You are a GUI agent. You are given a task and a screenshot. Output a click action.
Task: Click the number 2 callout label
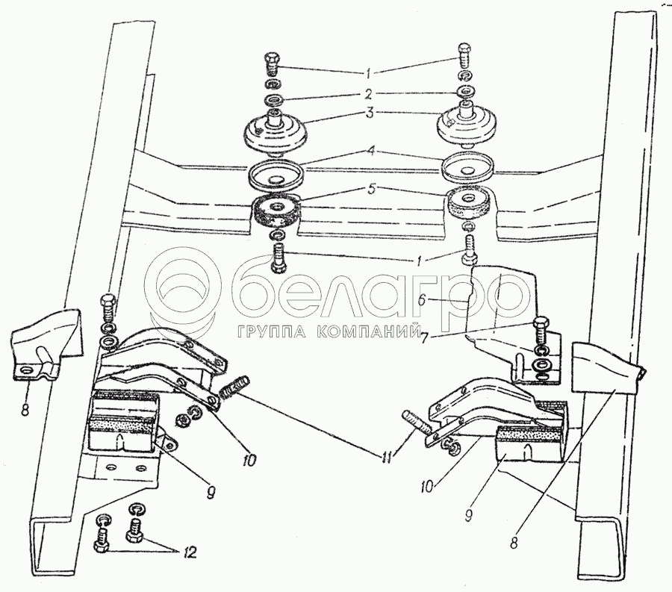pyautogui.click(x=369, y=93)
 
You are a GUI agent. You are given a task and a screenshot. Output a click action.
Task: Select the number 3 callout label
pyautogui.click(x=370, y=113)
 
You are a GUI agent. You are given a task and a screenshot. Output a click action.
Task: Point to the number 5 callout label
pyautogui.click(x=372, y=190)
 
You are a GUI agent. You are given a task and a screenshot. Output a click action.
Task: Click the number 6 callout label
pyautogui.click(x=422, y=300)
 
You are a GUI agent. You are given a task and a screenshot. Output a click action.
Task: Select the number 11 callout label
pyautogui.click(x=388, y=458)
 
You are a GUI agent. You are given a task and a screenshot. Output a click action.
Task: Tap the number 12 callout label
pyautogui.click(x=189, y=552)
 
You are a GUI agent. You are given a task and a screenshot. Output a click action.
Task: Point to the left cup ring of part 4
pyautogui.click(x=277, y=175)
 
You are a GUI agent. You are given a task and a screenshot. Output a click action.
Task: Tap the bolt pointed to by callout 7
pyautogui.click(x=540, y=333)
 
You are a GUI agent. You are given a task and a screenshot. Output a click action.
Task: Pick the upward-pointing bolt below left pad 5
pyautogui.click(x=279, y=257)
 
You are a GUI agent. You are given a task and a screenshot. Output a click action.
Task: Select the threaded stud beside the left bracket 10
pyautogui.click(x=234, y=387)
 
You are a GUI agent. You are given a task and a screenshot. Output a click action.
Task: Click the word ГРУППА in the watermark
pyautogui.click(x=271, y=331)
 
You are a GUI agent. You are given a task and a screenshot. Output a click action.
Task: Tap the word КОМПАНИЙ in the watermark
pyautogui.click(x=369, y=331)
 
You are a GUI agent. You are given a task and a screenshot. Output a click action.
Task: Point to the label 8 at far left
pyautogui.click(x=25, y=410)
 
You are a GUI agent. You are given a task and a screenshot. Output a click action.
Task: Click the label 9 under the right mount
pyautogui.click(x=468, y=514)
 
